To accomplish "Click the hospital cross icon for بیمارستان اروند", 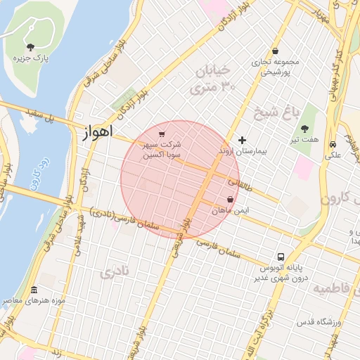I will (x=243, y=140).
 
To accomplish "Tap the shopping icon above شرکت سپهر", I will (x=162, y=134).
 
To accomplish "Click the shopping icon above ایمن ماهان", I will (x=231, y=199).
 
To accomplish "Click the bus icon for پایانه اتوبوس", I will (x=281, y=257).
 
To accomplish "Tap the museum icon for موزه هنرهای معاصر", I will (x=34, y=290).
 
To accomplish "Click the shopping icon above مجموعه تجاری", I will (x=275, y=51).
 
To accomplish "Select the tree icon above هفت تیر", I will (x=304, y=129).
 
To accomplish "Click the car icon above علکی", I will (x=332, y=143).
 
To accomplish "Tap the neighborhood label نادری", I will (x=115, y=271).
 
